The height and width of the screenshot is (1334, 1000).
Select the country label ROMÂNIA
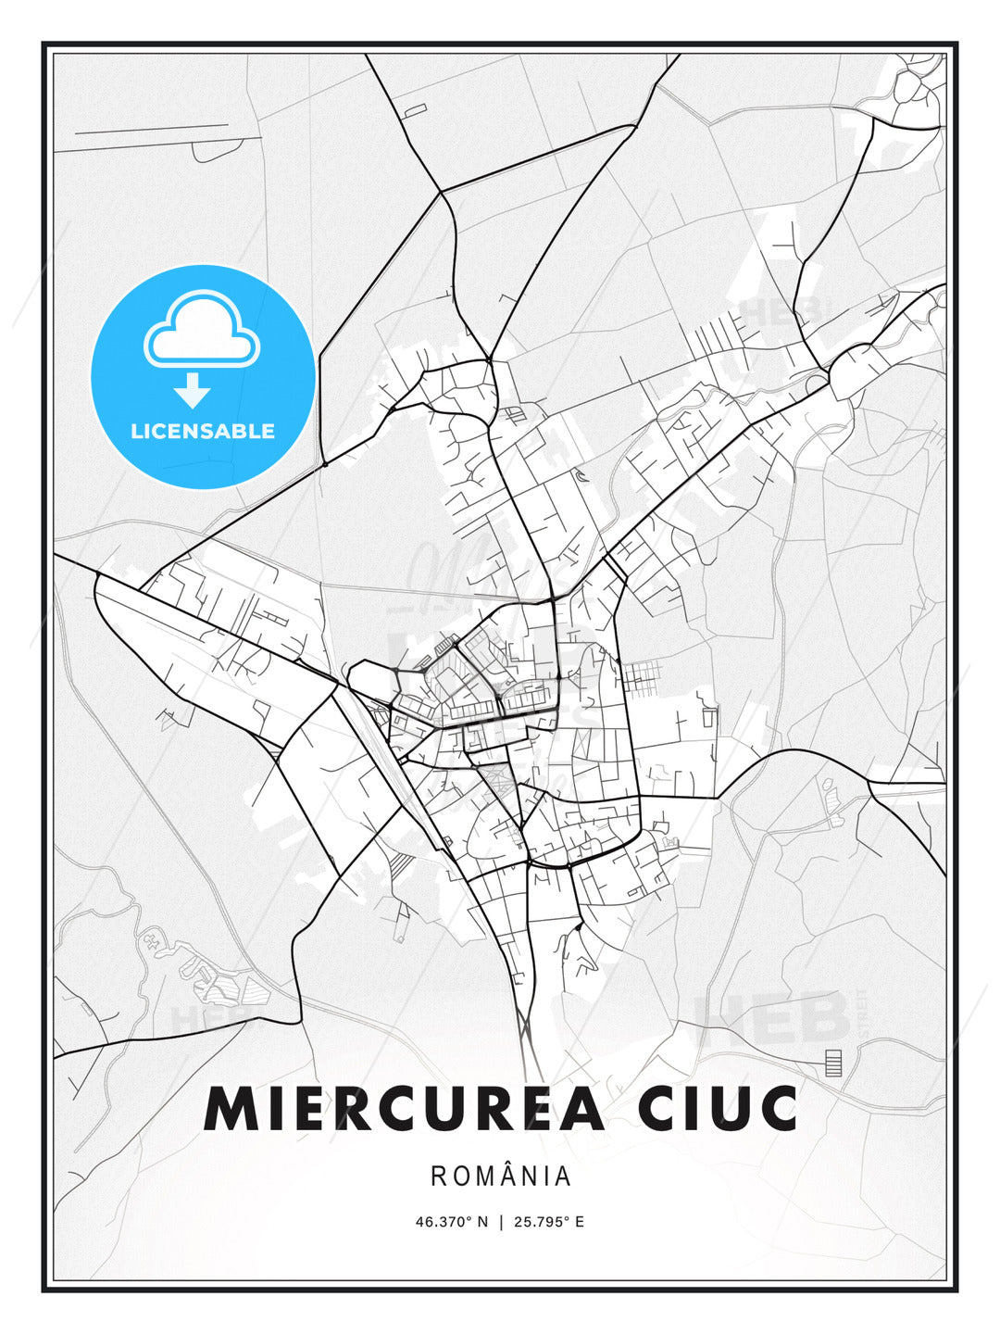[x=501, y=1177]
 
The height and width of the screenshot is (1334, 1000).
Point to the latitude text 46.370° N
[x=451, y=1222]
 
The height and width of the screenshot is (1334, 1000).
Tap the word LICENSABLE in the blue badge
[x=203, y=431]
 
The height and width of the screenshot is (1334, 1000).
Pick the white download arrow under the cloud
[x=193, y=391]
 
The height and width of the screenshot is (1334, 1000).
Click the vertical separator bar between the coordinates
[x=501, y=1222]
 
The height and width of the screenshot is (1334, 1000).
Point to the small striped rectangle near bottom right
[x=834, y=1063]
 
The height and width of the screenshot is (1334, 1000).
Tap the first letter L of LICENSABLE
[x=136, y=431]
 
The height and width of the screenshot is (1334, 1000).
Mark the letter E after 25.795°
[x=580, y=1222]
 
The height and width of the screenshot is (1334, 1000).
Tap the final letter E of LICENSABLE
[x=269, y=431]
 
